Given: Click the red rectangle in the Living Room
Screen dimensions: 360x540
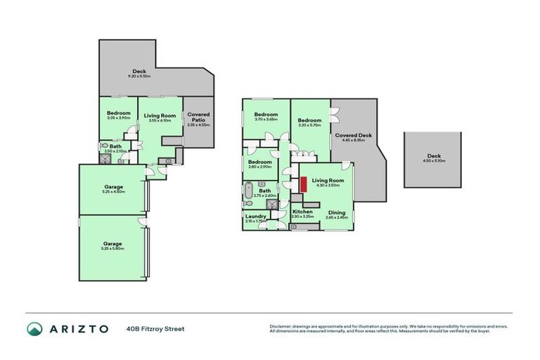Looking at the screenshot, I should point(303,184).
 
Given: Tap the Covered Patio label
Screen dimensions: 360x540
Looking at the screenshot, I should point(198,117).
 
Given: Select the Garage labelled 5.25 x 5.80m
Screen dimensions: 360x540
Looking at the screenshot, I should point(112,243).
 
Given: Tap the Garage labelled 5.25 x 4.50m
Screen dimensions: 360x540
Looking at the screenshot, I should point(112,186).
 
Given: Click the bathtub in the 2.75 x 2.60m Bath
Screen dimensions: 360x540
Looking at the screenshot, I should point(248,191).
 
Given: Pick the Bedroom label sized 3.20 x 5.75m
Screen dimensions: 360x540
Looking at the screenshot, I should point(309,120).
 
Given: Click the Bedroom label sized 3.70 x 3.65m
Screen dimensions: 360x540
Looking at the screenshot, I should point(266,115).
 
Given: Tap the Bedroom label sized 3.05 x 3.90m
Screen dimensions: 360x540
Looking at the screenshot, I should point(118,113).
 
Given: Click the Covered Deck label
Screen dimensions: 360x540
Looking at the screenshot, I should point(353,135).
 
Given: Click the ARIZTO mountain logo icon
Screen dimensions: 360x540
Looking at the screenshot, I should point(36,329).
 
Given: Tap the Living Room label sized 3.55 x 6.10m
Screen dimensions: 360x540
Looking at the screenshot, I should point(160,116).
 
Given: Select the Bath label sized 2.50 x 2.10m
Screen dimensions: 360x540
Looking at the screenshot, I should point(115,146).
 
